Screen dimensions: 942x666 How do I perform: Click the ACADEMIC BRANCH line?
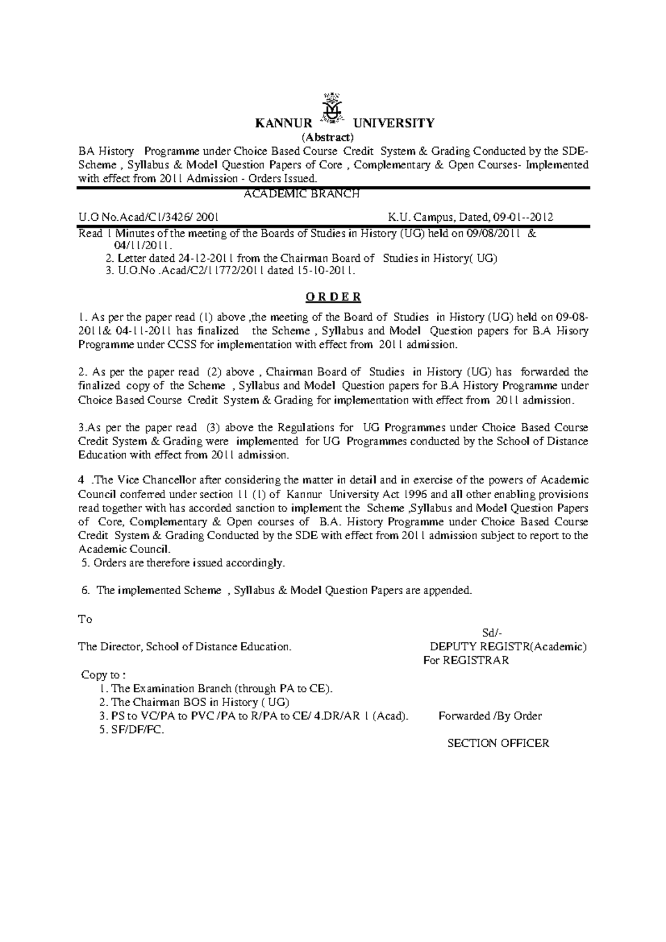pyautogui.click(x=302, y=194)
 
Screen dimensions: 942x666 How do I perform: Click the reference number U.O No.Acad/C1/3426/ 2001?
pyautogui.click(x=148, y=217)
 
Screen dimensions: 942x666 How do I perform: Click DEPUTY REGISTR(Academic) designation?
pyautogui.click(x=508, y=647)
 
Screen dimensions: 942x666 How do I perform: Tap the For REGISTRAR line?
pyautogui.click(x=466, y=661)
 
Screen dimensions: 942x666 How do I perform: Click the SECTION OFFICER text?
pyautogui.click(x=498, y=743)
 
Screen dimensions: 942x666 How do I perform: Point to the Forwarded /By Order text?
pyautogui.click(x=490, y=716)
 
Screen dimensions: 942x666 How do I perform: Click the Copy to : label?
pyautogui.click(x=103, y=675)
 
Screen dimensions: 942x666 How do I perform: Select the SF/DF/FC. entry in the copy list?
pyautogui.click(x=132, y=730)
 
